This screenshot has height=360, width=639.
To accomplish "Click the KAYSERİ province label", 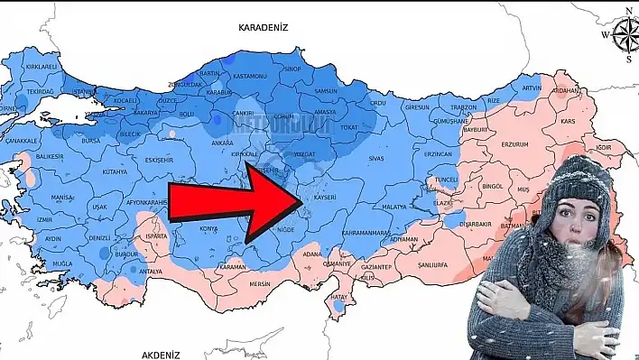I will click(323, 196).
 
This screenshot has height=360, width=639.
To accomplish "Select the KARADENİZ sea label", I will click(263, 28).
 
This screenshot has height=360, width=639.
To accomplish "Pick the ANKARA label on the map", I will click(222, 143).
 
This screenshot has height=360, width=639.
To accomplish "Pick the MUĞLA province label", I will click(62, 263).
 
